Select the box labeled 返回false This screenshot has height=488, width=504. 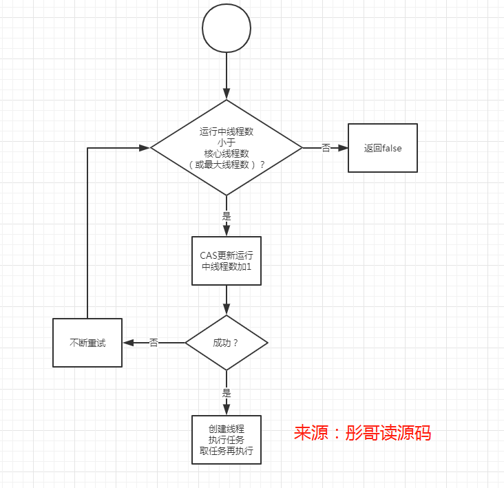pos(382,148)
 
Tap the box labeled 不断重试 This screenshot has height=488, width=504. pos(87,343)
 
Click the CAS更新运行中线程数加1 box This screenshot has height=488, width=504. pos(227,261)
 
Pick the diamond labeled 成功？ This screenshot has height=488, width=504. pos(227,343)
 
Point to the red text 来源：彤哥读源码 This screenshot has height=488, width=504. pos(362,433)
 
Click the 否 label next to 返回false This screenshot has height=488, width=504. pos(326,148)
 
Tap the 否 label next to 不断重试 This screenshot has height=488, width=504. pos(154,343)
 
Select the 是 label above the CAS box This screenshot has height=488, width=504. pos(227,215)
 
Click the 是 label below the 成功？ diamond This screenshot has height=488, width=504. pos(227,393)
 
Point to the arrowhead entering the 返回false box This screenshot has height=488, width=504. pos(343,148)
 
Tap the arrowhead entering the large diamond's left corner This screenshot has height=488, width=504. pos(145,148)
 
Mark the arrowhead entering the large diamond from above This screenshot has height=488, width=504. pos(227,95)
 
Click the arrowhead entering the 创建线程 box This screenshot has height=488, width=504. pos(227,411)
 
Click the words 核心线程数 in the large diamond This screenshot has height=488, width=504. pos(227,153)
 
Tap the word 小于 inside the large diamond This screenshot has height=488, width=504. pos(227,142)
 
